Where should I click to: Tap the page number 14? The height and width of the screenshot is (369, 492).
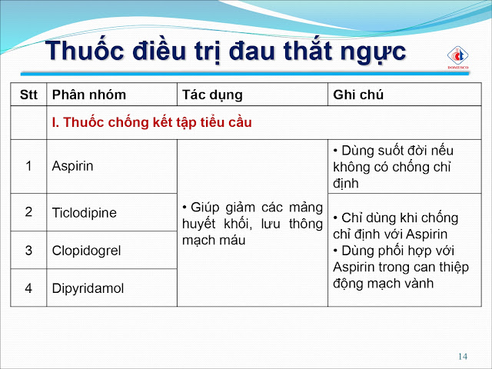pos(463,357)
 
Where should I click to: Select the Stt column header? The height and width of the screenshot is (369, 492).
pos(28,95)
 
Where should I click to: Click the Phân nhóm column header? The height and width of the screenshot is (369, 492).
pos(89,95)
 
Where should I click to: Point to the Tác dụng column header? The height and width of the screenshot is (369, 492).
pos(212,95)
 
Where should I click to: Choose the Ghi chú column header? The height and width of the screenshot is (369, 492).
pos(358,95)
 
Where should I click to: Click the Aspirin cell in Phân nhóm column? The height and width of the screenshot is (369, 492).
pos(72,166)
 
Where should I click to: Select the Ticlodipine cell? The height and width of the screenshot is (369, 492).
pos(85,213)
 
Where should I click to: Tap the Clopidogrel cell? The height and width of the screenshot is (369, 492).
pos(86,251)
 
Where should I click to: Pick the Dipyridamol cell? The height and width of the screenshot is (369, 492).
pos(88,288)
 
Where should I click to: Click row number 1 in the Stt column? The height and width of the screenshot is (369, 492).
pos(28,166)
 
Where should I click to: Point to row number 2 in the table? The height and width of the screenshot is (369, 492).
pos(28,212)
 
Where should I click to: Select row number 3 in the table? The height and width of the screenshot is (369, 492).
pos(28,251)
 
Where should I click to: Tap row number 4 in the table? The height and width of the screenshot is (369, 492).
pos(28,288)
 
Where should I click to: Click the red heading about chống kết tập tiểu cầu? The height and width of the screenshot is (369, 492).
pos(152,122)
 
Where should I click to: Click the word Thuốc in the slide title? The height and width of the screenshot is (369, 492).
pos(85,50)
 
